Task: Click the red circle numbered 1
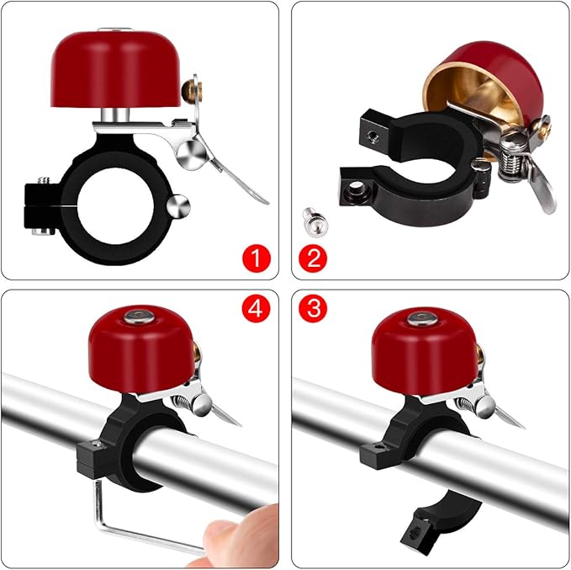tap(254, 256)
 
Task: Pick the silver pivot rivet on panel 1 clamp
tap(180, 205)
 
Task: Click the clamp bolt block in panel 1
tap(39, 202)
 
